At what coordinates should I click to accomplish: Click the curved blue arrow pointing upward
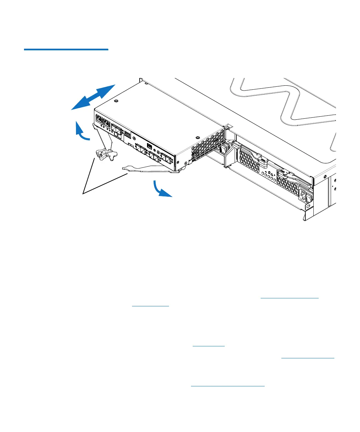point(81,132)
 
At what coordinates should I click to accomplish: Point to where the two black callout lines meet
point(83,193)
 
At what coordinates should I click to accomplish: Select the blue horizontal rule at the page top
point(66,50)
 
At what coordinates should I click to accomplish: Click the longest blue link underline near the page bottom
point(228,386)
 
